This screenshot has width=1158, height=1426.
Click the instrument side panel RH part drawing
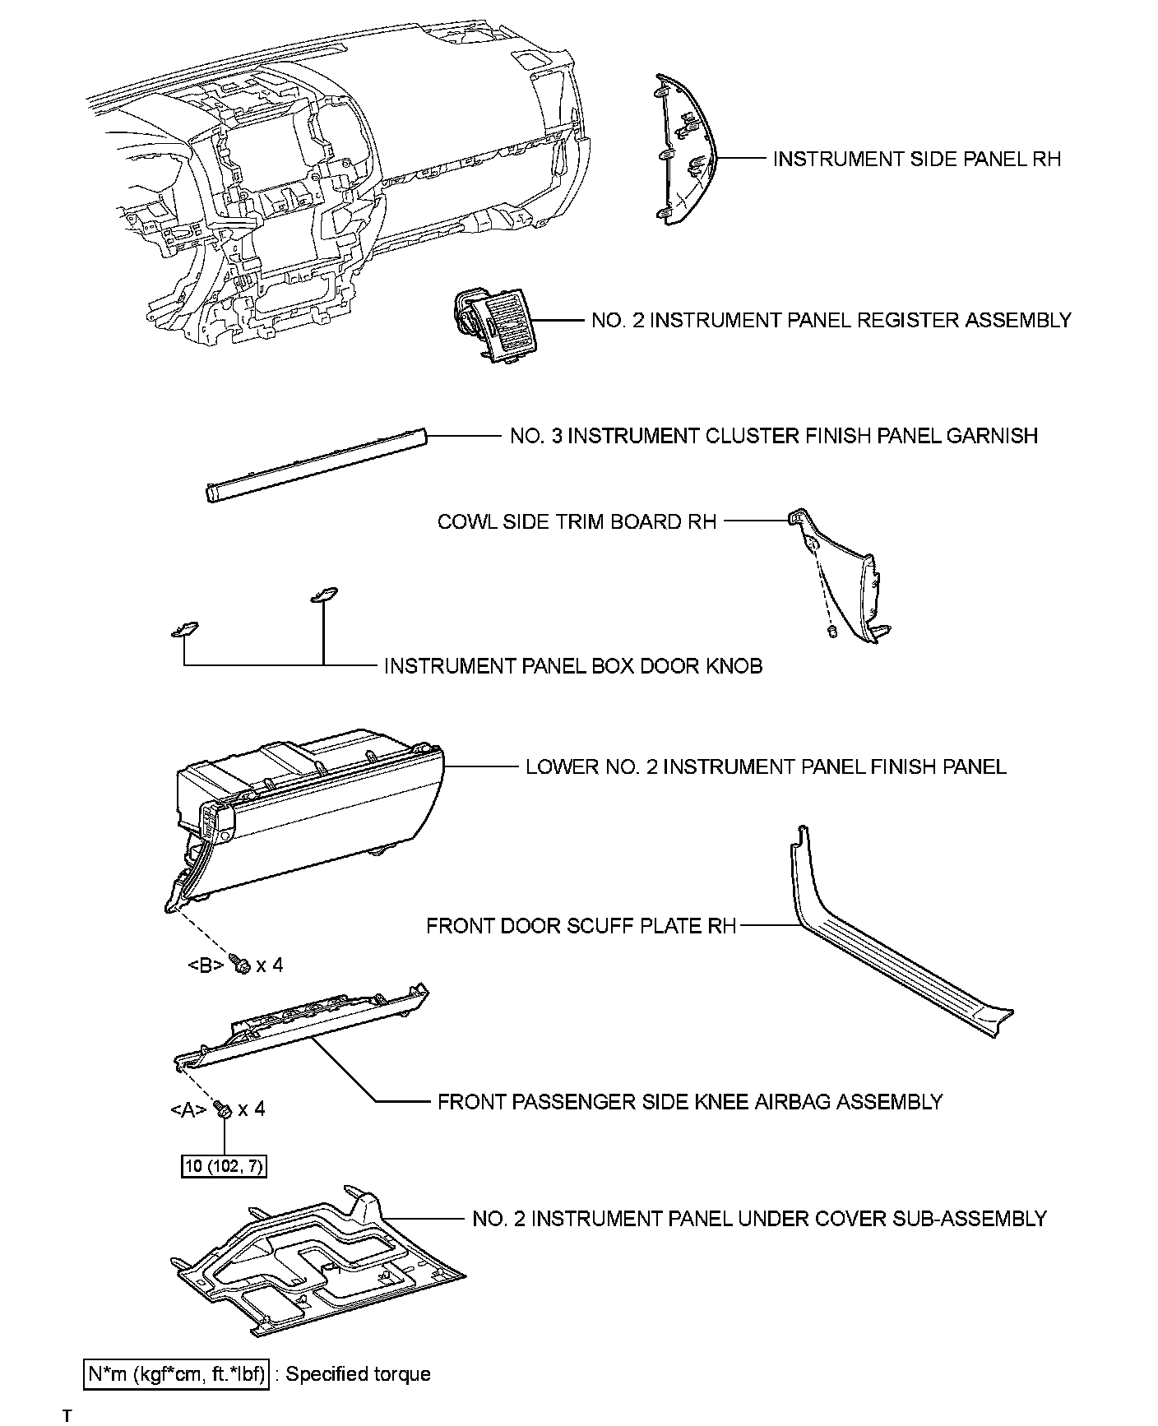coord(684,152)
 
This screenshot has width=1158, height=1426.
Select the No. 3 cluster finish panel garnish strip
coord(317,463)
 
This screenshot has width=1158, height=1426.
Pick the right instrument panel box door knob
coord(323,595)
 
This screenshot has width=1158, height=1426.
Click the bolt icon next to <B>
coord(241,965)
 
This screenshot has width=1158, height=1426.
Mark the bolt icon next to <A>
coord(223,1110)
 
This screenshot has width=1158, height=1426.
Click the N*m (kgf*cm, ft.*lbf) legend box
coord(178,1374)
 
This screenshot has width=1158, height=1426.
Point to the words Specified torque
coord(359,1374)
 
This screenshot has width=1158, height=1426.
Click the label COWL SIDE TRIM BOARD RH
coord(577,522)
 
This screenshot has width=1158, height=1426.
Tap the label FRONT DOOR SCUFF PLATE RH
coord(581,927)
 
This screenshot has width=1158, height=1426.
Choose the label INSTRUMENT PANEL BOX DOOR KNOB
coord(573,666)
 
